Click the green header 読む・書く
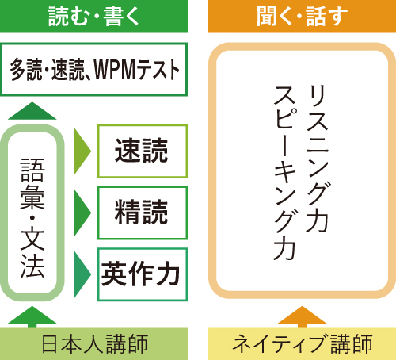click(x=93, y=16)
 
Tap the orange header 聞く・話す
click(x=302, y=16)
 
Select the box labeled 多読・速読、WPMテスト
click(x=93, y=69)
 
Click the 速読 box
click(x=143, y=151)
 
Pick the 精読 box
click(x=143, y=213)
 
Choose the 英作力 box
click(x=143, y=274)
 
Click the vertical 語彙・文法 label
click(x=32, y=217)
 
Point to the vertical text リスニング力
click(x=317, y=159)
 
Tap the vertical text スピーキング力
click(x=284, y=173)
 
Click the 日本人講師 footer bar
click(x=93, y=344)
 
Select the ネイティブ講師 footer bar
click(x=302, y=344)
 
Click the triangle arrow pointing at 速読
click(x=82, y=151)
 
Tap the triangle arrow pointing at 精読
click(x=82, y=213)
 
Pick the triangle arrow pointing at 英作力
click(x=82, y=274)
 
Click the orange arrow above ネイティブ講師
click(x=302, y=317)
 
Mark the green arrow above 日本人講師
click(x=32, y=317)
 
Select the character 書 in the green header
click(x=112, y=17)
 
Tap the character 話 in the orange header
click(x=316, y=17)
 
